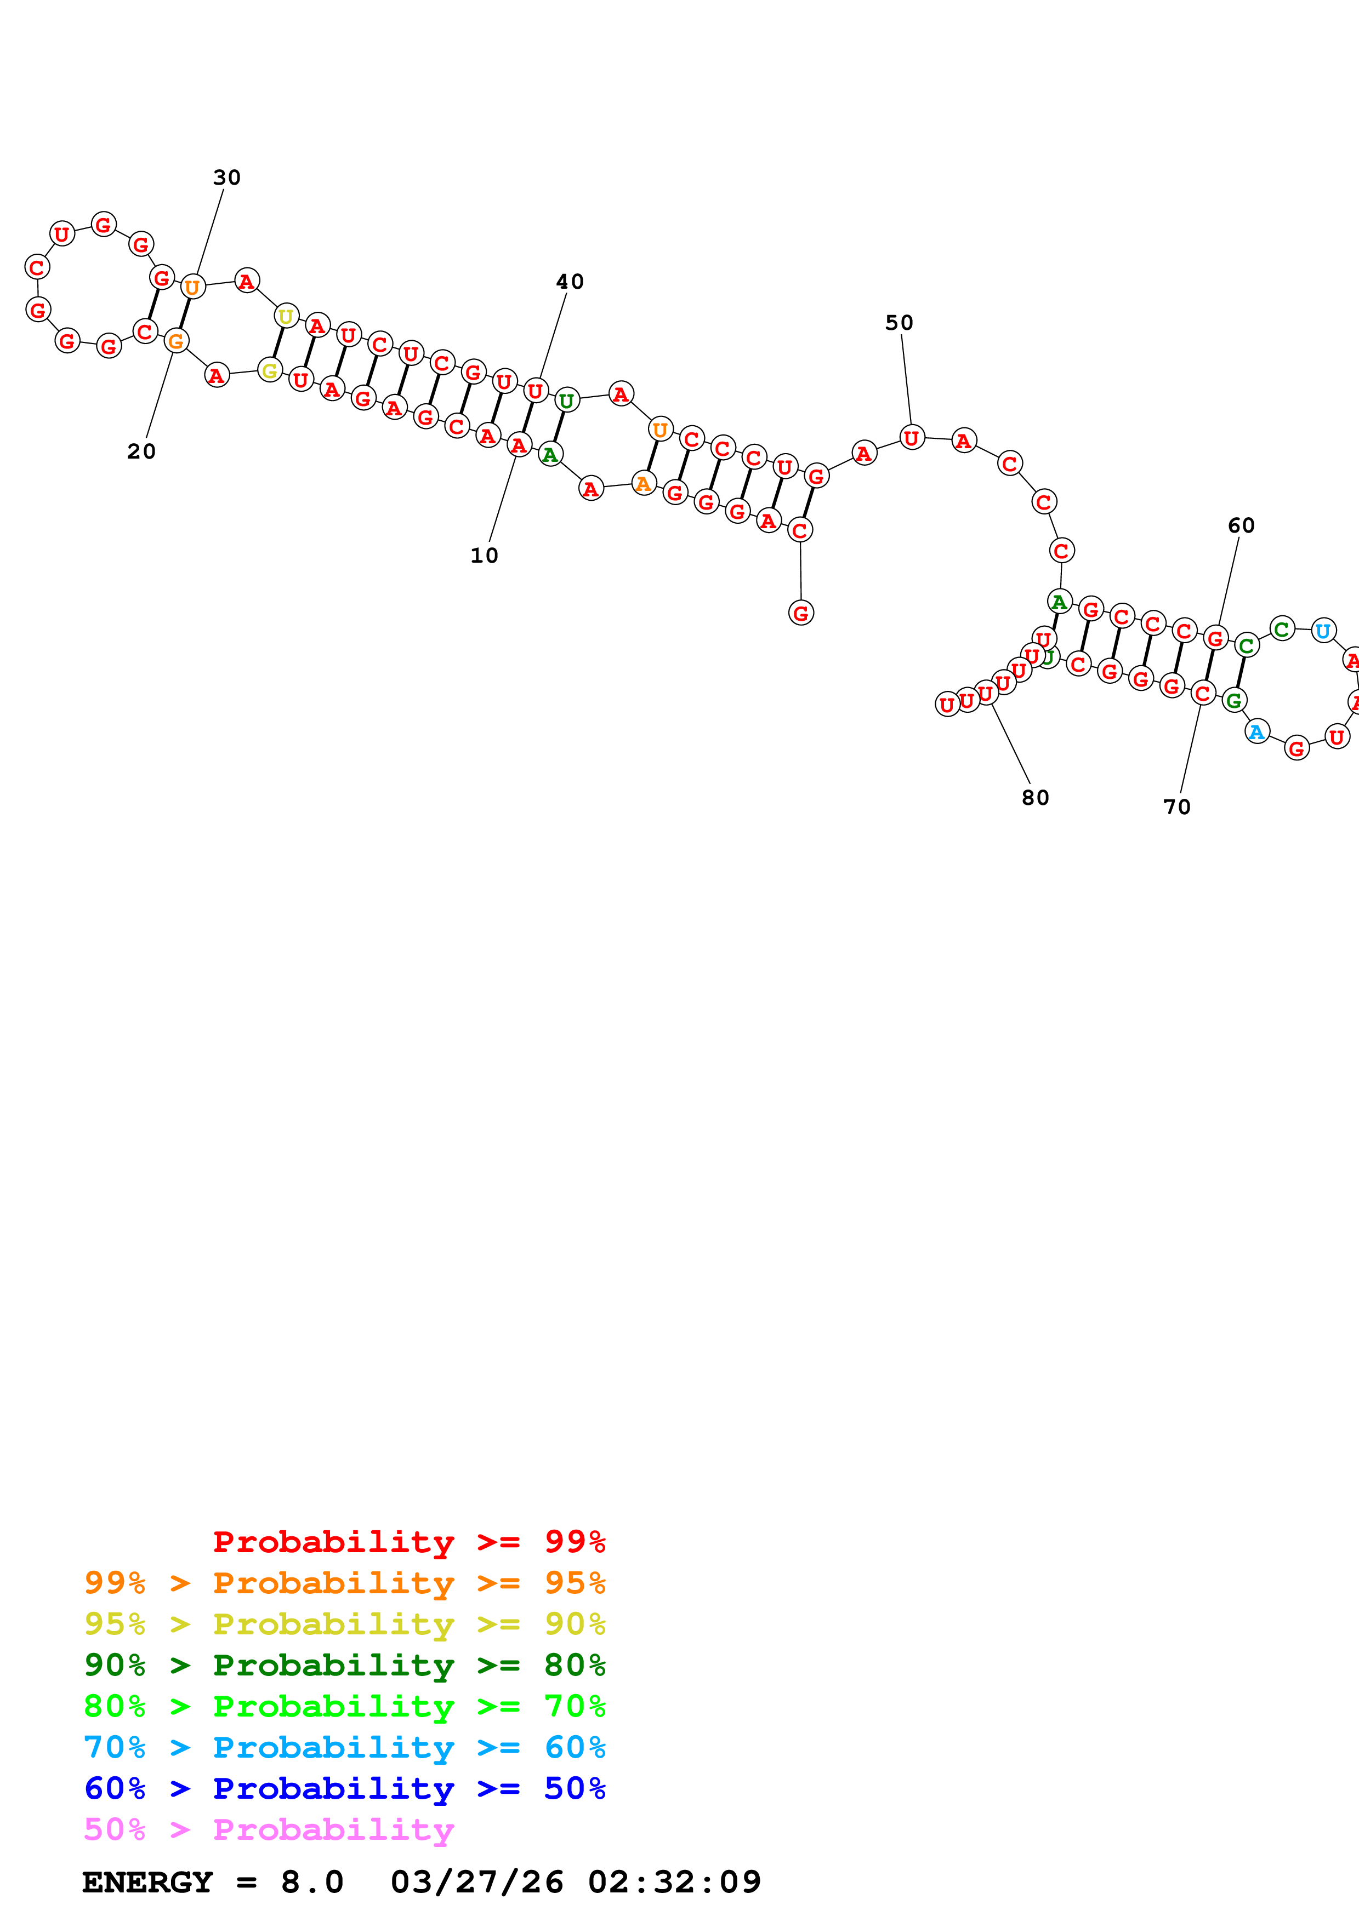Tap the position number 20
[141, 451]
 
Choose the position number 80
[1035, 797]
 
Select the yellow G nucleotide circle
[270, 370]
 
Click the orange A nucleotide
[643, 483]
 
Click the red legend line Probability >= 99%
[408, 1542]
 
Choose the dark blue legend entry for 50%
[344, 1788]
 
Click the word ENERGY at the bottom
[147, 1882]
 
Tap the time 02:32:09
[674, 1882]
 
